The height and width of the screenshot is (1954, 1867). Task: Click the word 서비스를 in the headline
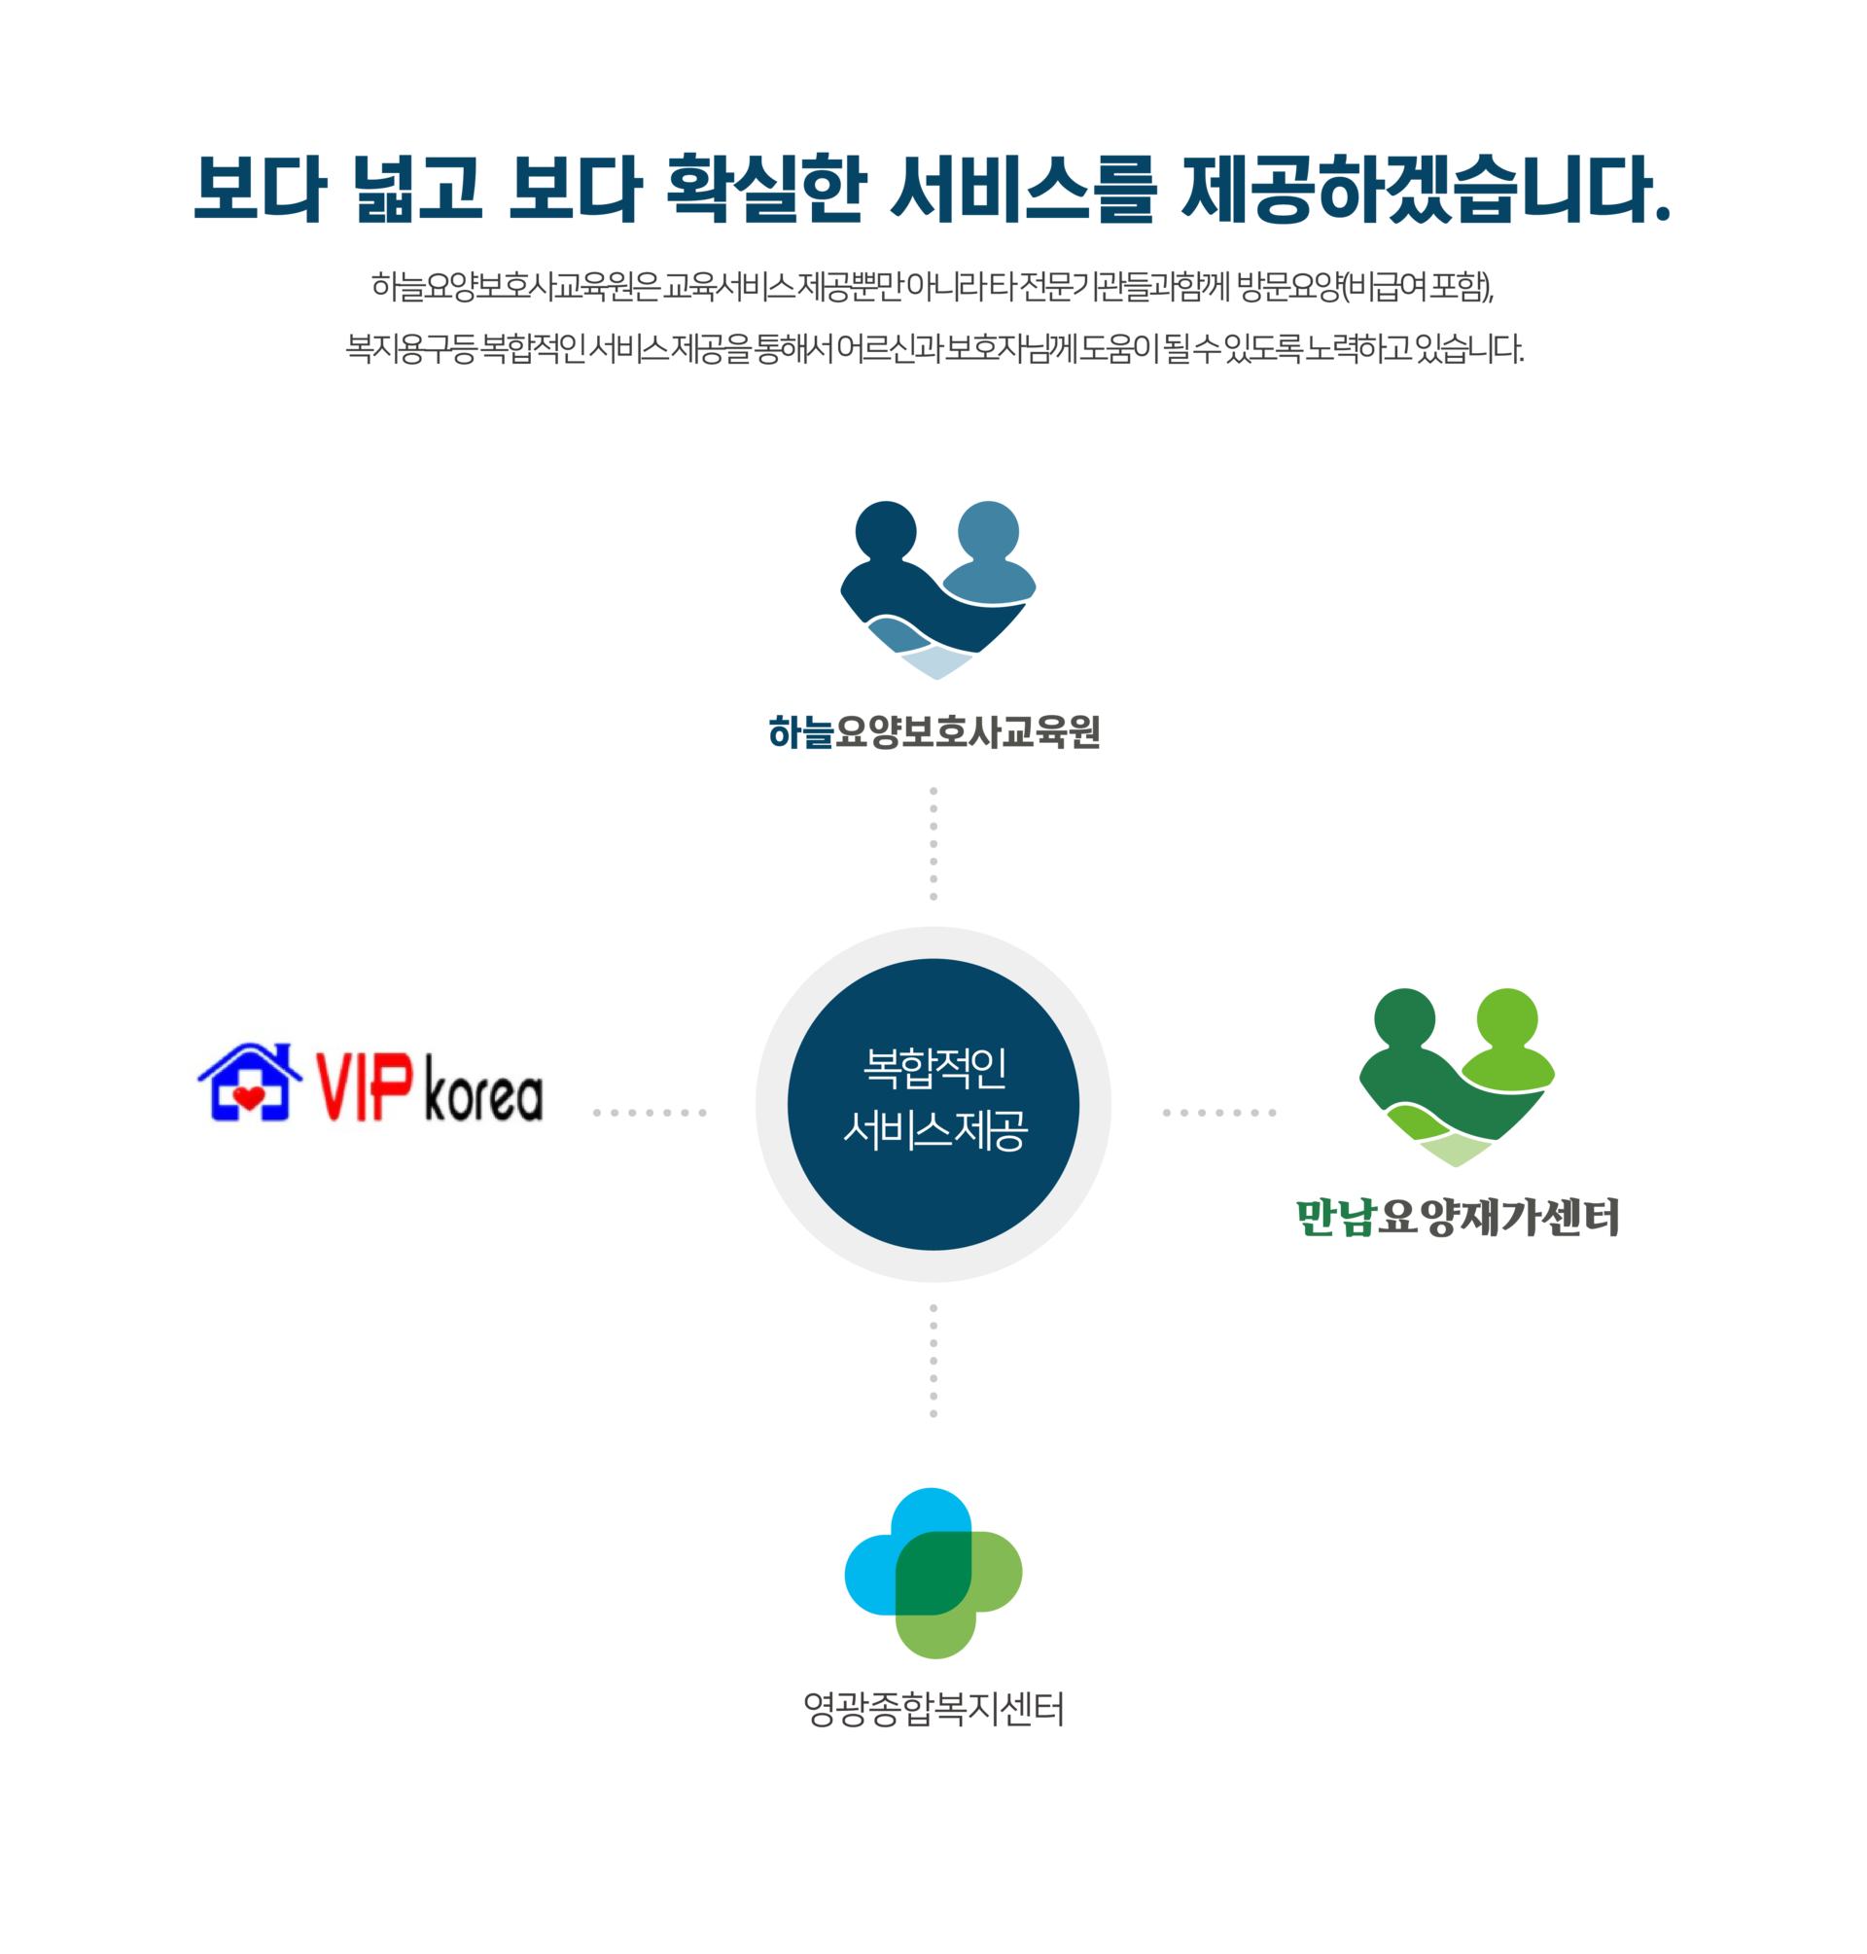(1023, 188)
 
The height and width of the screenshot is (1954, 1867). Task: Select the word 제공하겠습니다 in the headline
(1426, 188)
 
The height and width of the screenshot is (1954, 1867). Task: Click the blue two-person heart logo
(937, 590)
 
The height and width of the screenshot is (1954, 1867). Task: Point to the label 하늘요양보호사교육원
(933, 731)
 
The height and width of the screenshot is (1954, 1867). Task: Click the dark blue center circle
(933, 1104)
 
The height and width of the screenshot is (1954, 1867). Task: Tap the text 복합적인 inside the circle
(934, 1068)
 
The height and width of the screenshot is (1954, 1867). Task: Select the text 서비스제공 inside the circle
(934, 1130)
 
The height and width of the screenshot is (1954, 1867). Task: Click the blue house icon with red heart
(250, 1082)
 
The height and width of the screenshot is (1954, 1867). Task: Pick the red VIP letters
(365, 1086)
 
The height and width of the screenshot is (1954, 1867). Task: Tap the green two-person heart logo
(1457, 1077)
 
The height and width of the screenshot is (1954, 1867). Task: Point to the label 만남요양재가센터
(1458, 1218)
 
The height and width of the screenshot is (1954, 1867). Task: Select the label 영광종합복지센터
(933, 1709)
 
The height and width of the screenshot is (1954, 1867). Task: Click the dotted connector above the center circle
(933, 843)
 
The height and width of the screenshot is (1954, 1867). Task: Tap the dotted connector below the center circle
(933, 1360)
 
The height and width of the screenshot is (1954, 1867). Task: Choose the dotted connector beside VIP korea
(650, 1112)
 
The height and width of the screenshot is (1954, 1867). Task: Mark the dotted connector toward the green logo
(1219, 1112)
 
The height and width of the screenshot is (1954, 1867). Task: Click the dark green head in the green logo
(1404, 1018)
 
